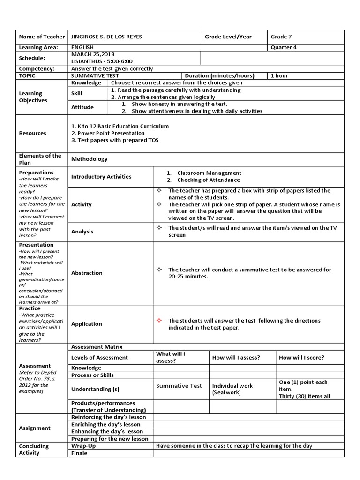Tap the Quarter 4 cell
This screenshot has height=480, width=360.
click(x=284, y=47)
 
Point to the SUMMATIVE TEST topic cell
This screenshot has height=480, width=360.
click(x=95, y=75)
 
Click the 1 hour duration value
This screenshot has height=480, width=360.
click(x=279, y=75)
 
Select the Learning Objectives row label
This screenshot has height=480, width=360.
click(x=33, y=97)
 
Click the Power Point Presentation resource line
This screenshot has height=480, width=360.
click(x=108, y=133)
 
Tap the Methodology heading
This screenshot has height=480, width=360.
click(x=89, y=159)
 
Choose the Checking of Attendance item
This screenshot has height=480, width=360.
click(x=208, y=180)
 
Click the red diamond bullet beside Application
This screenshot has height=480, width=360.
click(x=159, y=320)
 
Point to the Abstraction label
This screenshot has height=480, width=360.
click(x=87, y=273)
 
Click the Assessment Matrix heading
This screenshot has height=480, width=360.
click(x=97, y=347)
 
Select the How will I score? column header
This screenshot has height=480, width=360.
click(x=301, y=357)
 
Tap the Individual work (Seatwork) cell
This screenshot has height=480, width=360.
click(x=232, y=389)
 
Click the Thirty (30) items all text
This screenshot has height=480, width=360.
click(x=304, y=396)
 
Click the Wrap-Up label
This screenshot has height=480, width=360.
click(x=82, y=446)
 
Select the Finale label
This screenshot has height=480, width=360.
click(x=79, y=453)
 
